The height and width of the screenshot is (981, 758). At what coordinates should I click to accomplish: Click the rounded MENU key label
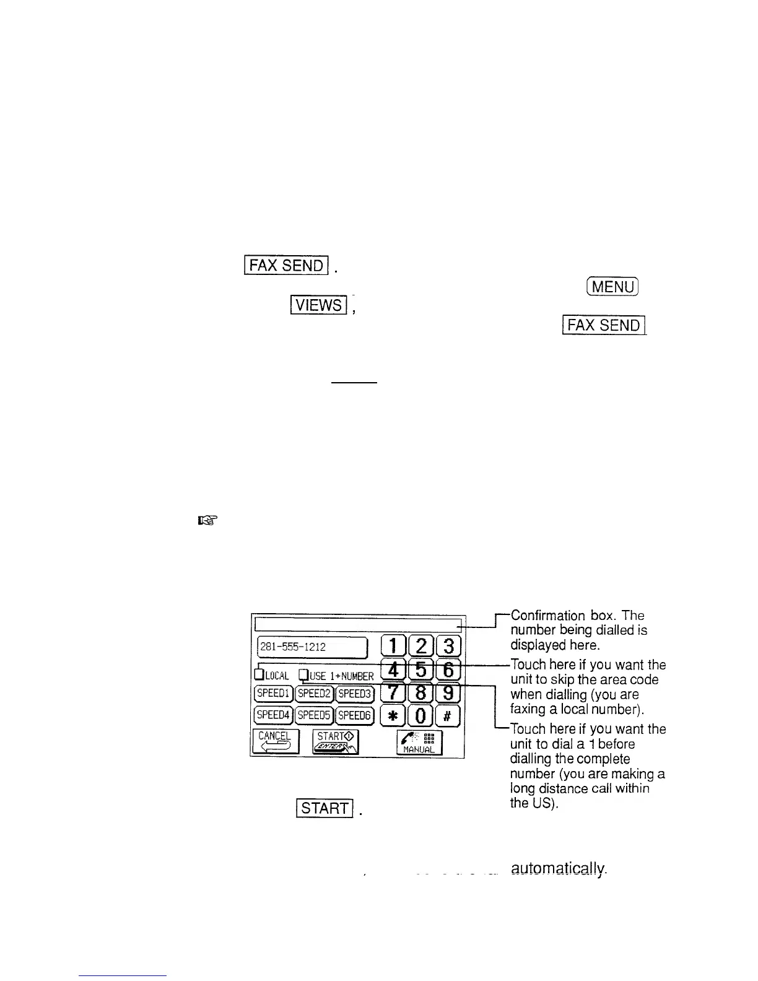[611, 287]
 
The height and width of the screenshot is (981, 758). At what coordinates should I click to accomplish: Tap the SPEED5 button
[314, 715]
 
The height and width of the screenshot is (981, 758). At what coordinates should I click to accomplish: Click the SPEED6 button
[354, 715]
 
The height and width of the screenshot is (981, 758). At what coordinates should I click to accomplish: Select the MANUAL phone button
[420, 741]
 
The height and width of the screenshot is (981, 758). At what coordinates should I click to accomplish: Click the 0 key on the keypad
[420, 715]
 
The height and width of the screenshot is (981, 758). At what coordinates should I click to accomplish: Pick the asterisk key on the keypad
[392, 715]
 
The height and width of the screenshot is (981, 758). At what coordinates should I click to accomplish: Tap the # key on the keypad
[448, 715]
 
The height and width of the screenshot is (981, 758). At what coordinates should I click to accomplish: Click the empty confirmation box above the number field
[358, 624]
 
